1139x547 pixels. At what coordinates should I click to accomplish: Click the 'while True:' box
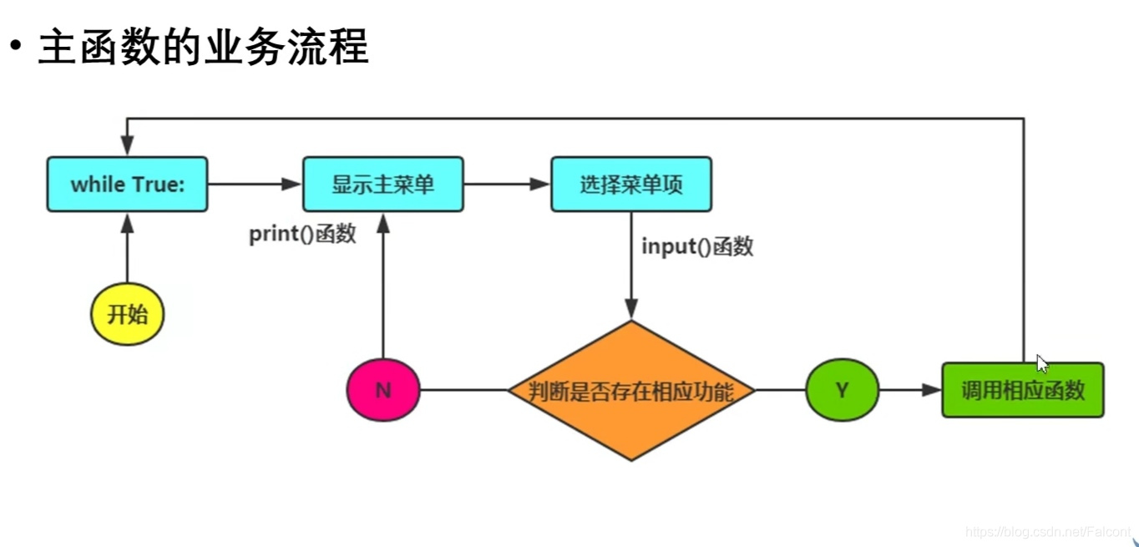pyautogui.click(x=127, y=184)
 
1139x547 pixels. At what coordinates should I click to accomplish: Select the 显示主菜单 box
pyautogui.click(x=382, y=184)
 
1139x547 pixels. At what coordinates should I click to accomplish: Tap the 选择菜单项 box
pyautogui.click(x=631, y=184)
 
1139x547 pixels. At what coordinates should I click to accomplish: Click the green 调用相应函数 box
pyautogui.click(x=1022, y=390)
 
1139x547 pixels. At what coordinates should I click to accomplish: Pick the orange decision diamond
pyautogui.click(x=631, y=390)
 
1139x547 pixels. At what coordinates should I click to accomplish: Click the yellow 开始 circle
pyautogui.click(x=127, y=314)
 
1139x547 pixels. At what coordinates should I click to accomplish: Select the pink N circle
pyautogui.click(x=383, y=390)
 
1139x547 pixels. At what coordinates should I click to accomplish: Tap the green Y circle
pyautogui.click(x=842, y=390)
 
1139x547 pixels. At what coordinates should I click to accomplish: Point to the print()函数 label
pyautogui.click(x=302, y=235)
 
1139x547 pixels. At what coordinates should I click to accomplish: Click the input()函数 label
pyautogui.click(x=697, y=246)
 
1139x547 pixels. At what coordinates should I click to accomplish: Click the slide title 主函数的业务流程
pyautogui.click(x=203, y=48)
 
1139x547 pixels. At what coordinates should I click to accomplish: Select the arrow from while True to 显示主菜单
pyautogui.click(x=255, y=184)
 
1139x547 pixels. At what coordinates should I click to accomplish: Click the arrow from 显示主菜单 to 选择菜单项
pyautogui.click(x=507, y=184)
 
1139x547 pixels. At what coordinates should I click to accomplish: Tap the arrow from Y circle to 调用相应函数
pyautogui.click(x=910, y=390)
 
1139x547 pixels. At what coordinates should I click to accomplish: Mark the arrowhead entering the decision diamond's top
pyautogui.click(x=631, y=311)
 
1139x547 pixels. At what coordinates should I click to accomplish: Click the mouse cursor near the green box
pyautogui.click(x=1041, y=362)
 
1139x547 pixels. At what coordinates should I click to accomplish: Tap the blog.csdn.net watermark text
pyautogui.click(x=1047, y=532)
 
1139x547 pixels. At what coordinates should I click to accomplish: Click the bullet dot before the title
pyautogui.click(x=14, y=48)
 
